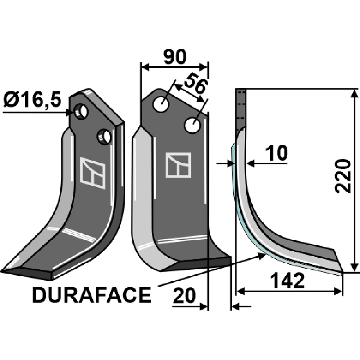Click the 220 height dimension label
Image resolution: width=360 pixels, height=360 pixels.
tap(344, 176)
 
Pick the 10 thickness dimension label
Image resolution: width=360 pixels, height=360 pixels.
tap(275, 154)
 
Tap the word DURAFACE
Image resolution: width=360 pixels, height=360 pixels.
tap(92, 296)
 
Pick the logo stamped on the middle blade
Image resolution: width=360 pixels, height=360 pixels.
tap(178, 165)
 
